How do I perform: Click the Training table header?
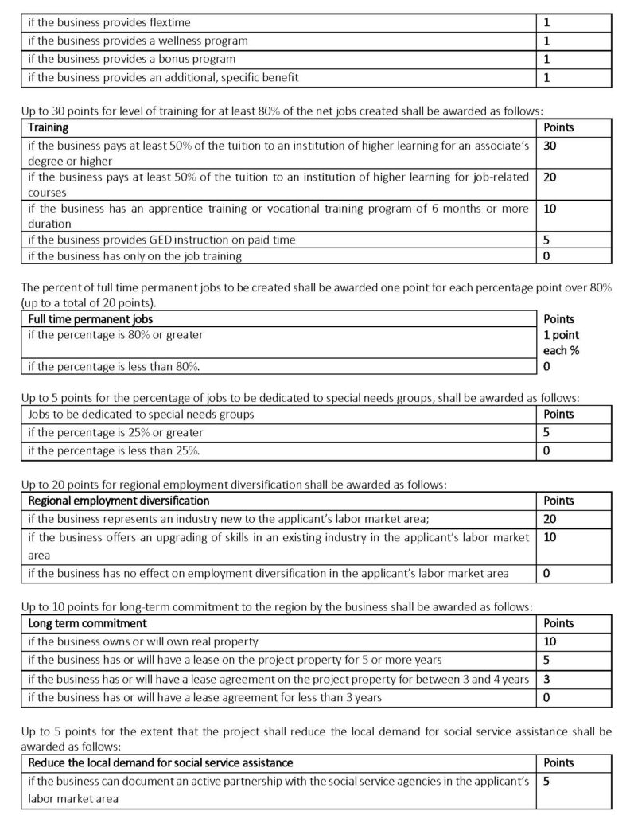click(49, 127)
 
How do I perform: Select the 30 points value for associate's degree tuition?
click(550, 146)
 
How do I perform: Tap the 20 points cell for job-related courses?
click(550, 177)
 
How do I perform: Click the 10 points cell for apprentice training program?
click(550, 209)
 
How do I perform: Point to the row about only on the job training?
click(134, 256)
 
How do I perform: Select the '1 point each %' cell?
click(561, 343)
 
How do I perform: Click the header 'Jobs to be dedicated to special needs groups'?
click(141, 414)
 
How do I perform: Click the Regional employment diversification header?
click(119, 501)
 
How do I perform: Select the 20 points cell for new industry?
click(550, 519)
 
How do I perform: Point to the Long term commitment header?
click(87, 623)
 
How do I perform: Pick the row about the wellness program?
click(138, 41)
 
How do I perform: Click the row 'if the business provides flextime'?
click(109, 22)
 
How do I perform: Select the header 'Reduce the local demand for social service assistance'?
click(160, 763)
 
